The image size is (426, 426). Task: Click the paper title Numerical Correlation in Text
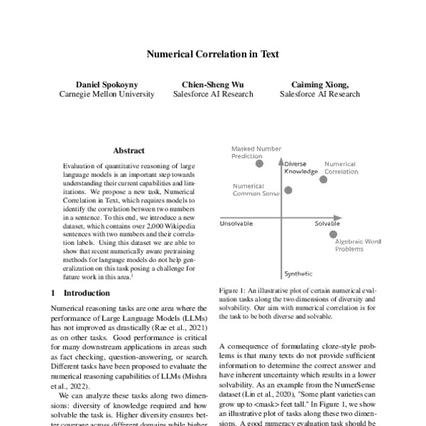[x=212, y=54]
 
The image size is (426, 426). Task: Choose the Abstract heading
[x=129, y=151]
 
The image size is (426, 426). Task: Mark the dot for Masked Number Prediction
[x=260, y=163]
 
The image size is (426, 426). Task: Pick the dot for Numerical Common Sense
[x=288, y=190]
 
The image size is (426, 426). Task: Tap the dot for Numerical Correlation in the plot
[x=324, y=180]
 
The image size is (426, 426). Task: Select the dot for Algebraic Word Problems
[x=334, y=234]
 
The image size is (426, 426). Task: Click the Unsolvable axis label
[x=236, y=224]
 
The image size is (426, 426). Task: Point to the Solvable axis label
[x=328, y=224]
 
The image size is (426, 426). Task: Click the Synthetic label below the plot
[x=297, y=273]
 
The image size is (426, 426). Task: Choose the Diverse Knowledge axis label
[x=296, y=168]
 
